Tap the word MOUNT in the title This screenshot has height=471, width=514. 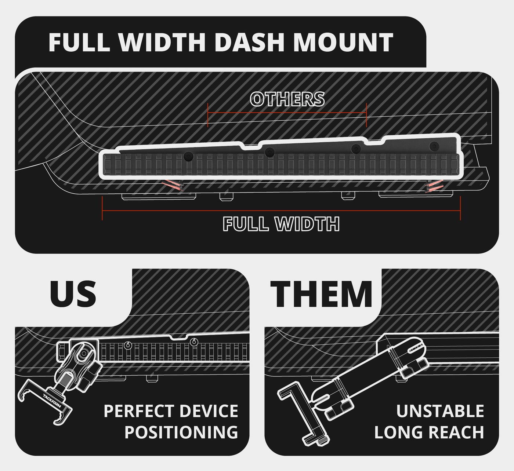click(x=343, y=43)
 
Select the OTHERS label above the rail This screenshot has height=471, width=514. click(x=287, y=99)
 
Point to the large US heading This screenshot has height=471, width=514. click(x=73, y=294)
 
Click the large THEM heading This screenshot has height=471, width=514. click(x=322, y=294)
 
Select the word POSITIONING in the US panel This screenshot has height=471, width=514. click(x=181, y=432)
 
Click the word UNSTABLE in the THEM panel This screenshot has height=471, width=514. click(x=440, y=411)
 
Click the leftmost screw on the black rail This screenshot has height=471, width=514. click(x=189, y=157)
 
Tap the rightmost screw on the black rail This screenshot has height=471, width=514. click(x=434, y=146)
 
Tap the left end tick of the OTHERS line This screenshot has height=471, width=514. click(x=208, y=115)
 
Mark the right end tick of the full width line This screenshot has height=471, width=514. click(x=460, y=208)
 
